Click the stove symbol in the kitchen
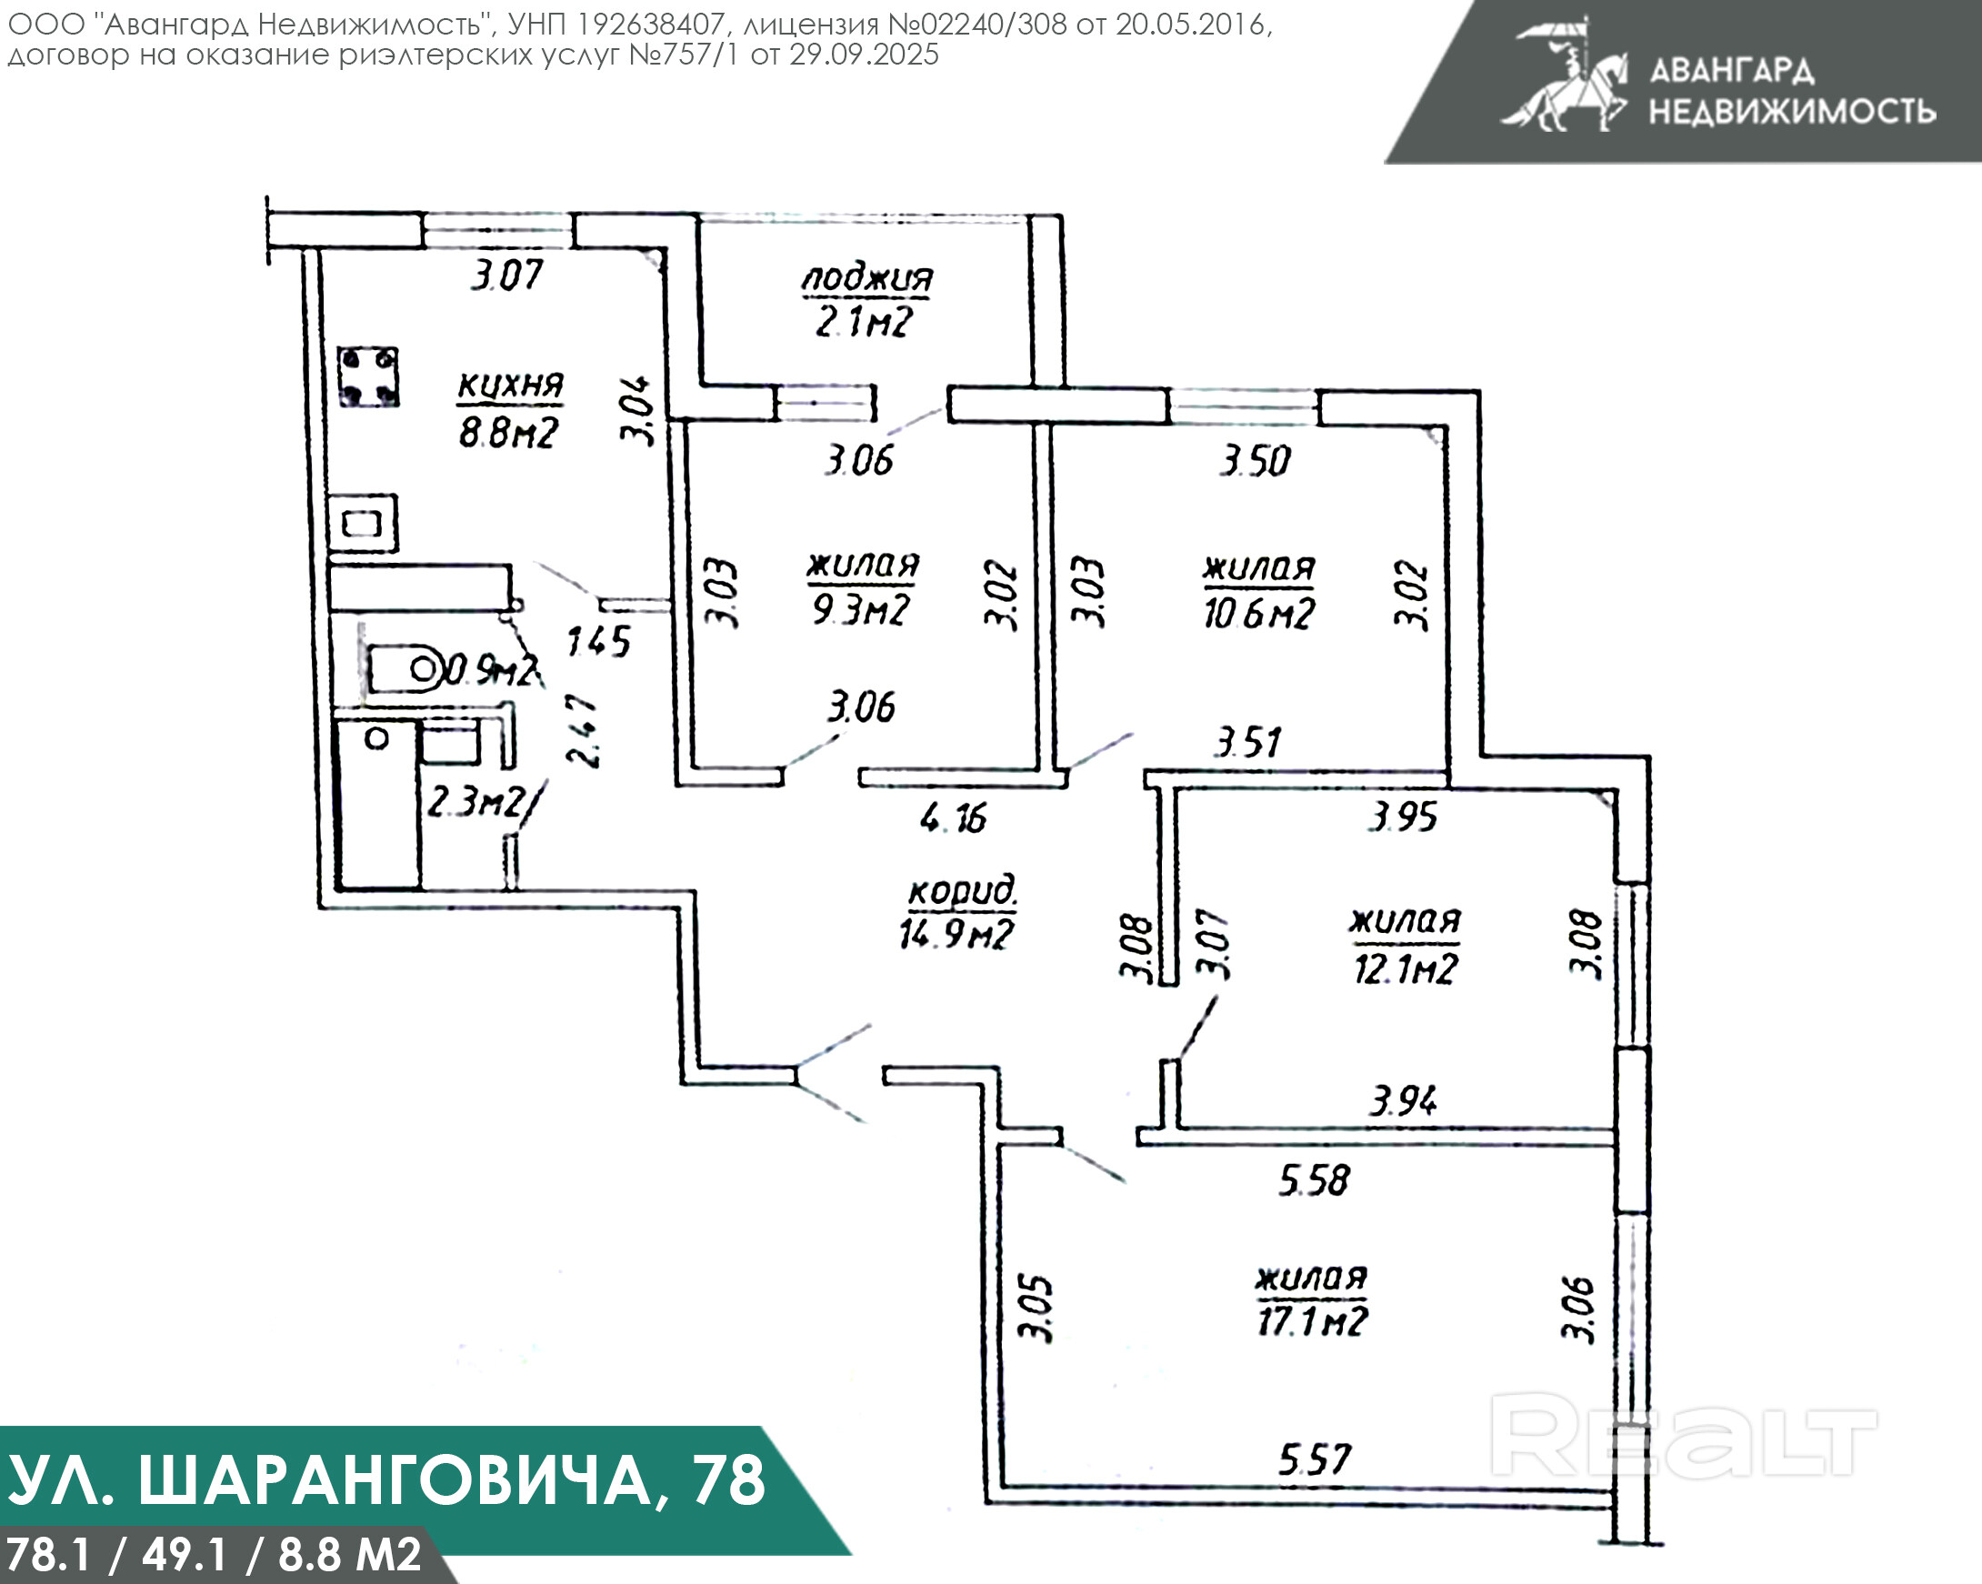(x=367, y=376)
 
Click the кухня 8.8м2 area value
(x=508, y=432)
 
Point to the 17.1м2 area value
(x=1312, y=1321)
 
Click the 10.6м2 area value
(x=1258, y=613)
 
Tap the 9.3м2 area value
(x=861, y=608)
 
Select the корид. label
(x=962, y=891)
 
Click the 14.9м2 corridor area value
(x=956, y=934)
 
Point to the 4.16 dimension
(x=954, y=817)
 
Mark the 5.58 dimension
(x=1314, y=1180)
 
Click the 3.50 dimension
(x=1256, y=461)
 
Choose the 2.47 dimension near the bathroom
(x=585, y=732)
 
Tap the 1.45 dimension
(x=598, y=641)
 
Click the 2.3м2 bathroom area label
(x=475, y=803)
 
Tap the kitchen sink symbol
(x=363, y=524)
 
